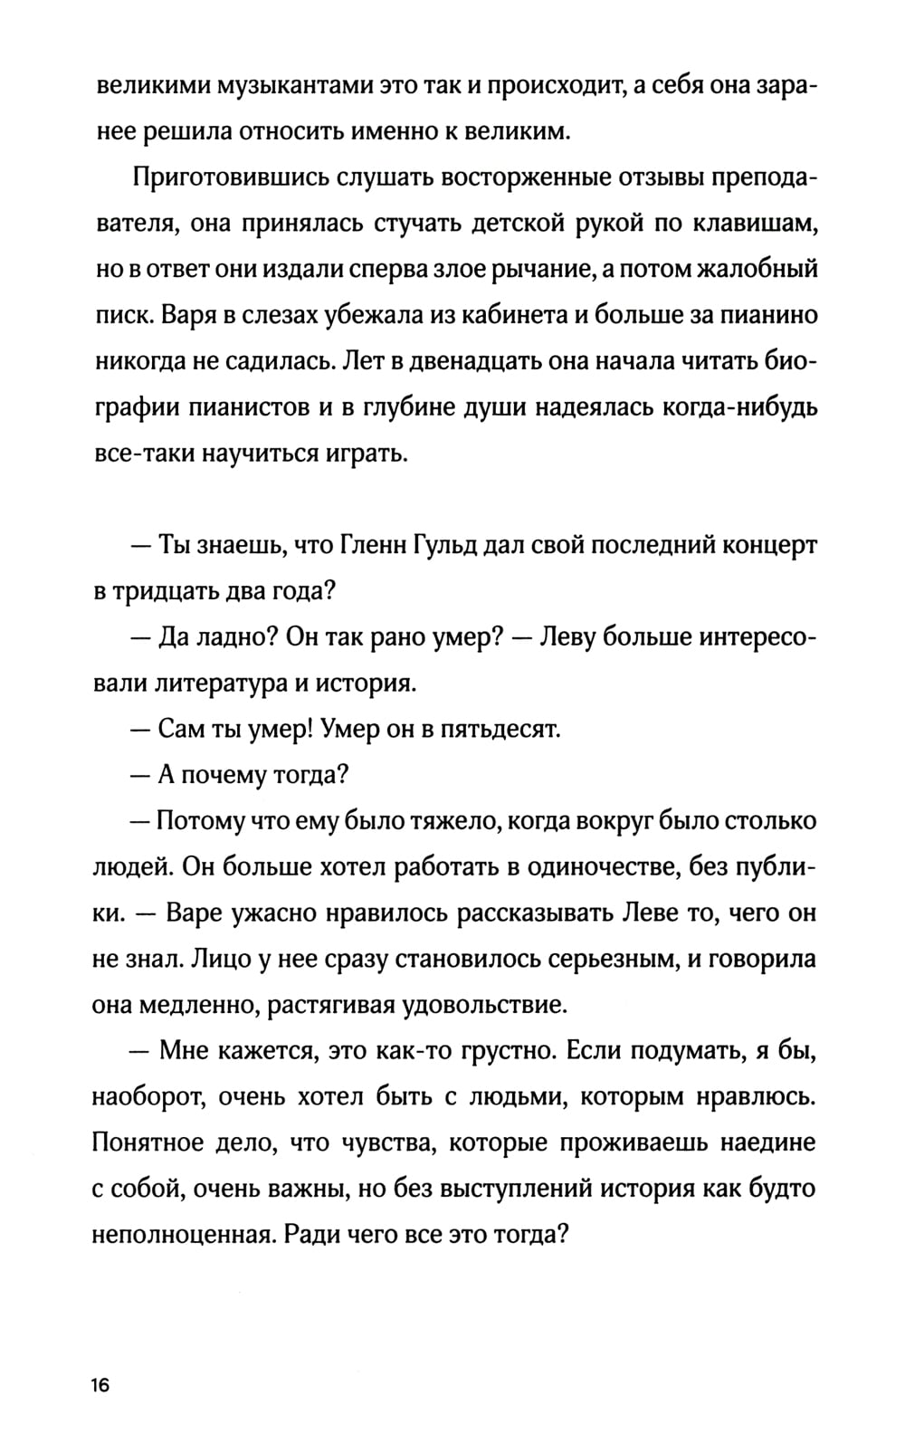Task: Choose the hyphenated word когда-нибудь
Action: click(724, 407)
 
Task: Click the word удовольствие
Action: click(491, 1004)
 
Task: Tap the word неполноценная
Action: click(182, 1234)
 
